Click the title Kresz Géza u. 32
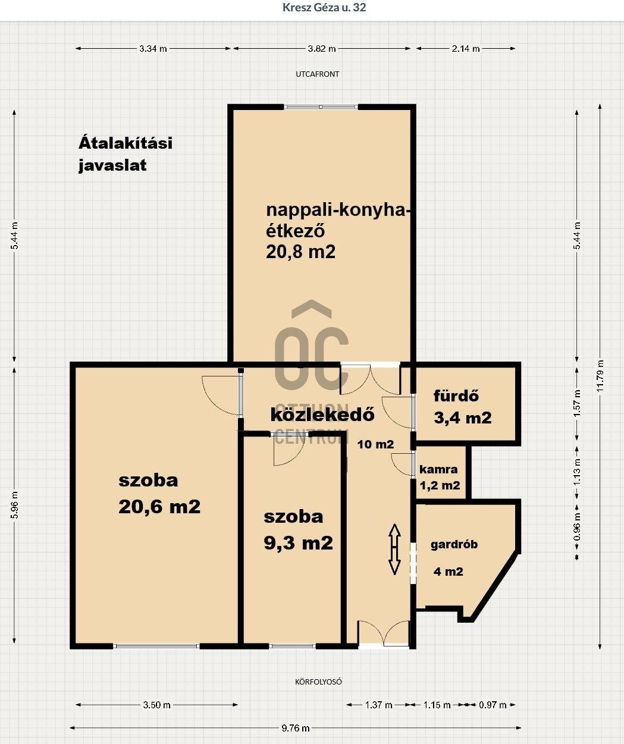click(x=324, y=8)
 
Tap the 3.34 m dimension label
click(x=153, y=48)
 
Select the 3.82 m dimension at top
click(x=322, y=48)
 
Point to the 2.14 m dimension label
click(x=466, y=48)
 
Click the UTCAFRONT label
click(x=318, y=74)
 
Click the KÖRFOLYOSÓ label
click(x=318, y=682)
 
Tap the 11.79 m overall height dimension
click(x=600, y=376)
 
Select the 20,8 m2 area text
click(x=300, y=252)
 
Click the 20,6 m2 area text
click(x=159, y=506)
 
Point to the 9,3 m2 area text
click(x=298, y=542)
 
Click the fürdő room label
click(x=456, y=395)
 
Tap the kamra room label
click(x=438, y=469)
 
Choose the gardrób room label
click(x=454, y=544)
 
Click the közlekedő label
click(x=322, y=415)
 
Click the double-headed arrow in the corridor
click(x=394, y=549)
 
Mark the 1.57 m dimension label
click(x=578, y=403)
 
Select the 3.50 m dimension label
click(x=157, y=705)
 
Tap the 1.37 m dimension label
click(x=378, y=705)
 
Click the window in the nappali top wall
click(x=321, y=107)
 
